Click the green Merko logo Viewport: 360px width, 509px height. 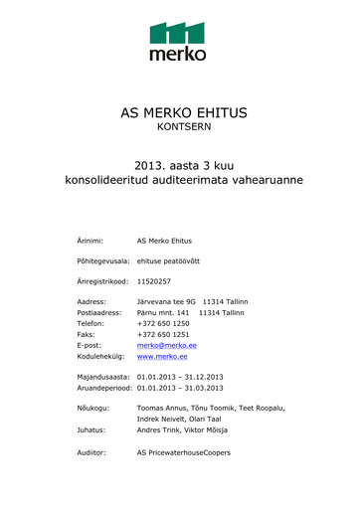point(178,41)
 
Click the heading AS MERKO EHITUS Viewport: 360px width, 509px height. point(178,112)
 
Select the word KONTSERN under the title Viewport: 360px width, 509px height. point(179,128)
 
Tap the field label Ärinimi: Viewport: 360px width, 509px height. point(90,241)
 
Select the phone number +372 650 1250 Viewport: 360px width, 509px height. point(163,323)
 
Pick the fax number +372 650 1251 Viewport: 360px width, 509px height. point(163,334)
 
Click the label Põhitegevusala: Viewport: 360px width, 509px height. point(103,261)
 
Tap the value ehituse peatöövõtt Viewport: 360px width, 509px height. point(168,261)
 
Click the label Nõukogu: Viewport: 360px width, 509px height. point(94,409)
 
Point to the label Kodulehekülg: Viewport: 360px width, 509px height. point(102,356)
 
